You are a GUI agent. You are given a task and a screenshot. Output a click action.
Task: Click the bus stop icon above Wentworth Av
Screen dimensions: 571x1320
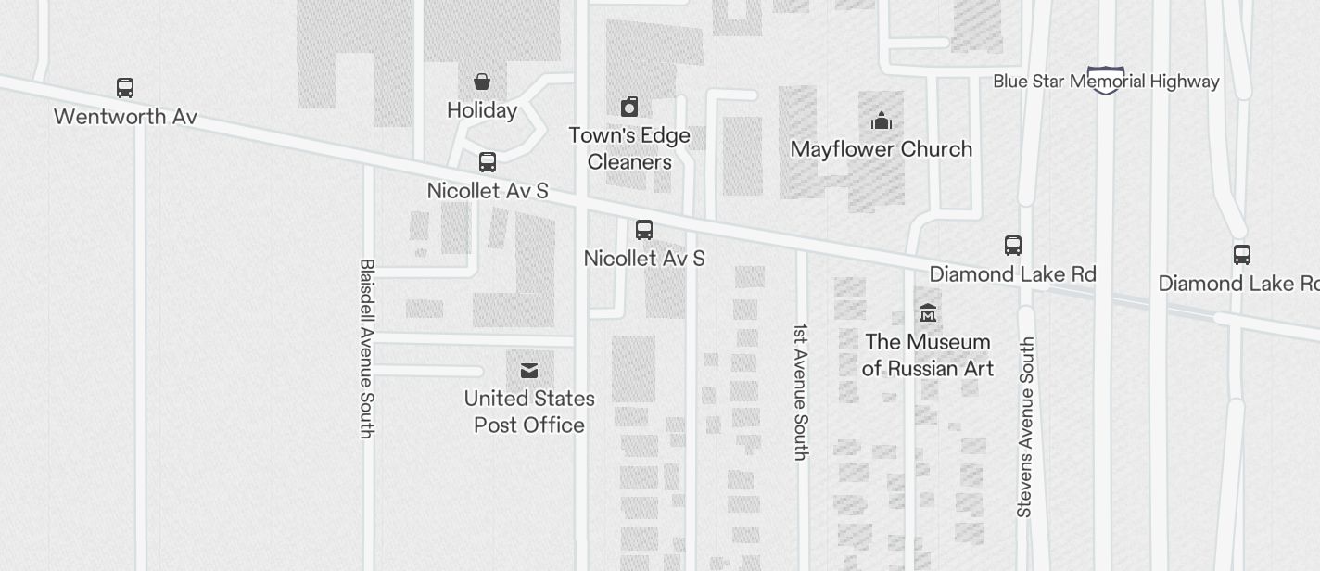coord(125,88)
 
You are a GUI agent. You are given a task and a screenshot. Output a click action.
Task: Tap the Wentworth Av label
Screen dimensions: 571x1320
coord(125,117)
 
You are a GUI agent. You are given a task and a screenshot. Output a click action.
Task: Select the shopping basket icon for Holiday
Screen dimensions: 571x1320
coord(482,82)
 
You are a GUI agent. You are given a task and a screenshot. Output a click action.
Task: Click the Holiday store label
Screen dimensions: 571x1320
coord(482,110)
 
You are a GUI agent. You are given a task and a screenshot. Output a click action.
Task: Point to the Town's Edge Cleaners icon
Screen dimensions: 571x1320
coord(629,107)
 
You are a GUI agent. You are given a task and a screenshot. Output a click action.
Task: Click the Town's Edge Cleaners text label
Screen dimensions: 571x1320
coord(629,148)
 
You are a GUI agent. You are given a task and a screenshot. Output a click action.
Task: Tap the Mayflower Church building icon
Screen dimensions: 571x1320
coord(881,121)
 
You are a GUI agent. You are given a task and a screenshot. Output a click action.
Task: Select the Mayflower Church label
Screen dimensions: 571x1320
coord(881,149)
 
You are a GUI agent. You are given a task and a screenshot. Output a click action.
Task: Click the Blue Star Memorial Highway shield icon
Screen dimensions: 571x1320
coord(1105,80)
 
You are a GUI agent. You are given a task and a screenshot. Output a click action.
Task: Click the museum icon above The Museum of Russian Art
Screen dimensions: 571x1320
coord(927,313)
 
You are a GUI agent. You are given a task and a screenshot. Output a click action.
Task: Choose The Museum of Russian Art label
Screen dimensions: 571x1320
coord(927,355)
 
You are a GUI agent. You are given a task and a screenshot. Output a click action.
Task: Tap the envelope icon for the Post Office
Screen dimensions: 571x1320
coord(529,371)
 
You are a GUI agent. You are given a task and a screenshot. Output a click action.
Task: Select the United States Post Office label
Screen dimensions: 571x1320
coord(529,412)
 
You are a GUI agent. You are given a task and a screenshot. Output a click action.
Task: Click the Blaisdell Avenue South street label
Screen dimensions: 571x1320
coord(367,348)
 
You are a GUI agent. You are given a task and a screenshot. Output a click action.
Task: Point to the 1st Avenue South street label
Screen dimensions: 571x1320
coord(801,391)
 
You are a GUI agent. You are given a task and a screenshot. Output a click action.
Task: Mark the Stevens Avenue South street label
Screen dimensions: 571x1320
coord(1025,426)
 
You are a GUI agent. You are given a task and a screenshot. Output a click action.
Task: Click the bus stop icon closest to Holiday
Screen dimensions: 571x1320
coord(488,162)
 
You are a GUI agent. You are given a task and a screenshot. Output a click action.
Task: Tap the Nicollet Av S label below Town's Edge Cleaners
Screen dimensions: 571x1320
coord(644,259)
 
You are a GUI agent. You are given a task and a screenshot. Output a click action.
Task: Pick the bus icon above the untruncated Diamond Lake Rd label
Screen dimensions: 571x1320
coord(1013,246)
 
